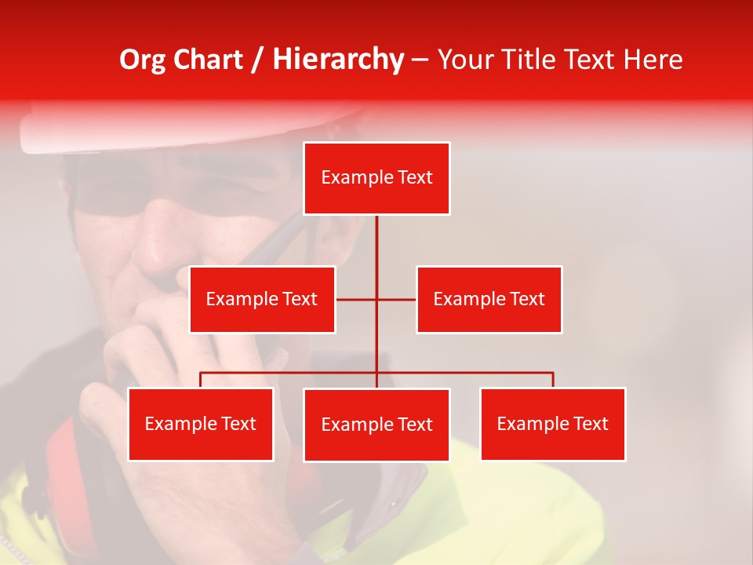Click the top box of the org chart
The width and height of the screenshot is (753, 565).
376,178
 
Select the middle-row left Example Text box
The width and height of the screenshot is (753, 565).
262,299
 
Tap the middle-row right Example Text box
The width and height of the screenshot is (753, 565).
489,299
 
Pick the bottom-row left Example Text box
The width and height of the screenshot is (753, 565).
200,424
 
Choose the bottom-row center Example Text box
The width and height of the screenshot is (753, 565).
376,425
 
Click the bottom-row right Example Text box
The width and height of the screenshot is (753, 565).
552,424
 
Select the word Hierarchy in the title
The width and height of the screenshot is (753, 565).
338,60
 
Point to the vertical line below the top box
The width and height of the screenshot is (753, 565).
376,243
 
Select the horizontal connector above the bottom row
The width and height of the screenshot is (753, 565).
471,373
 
